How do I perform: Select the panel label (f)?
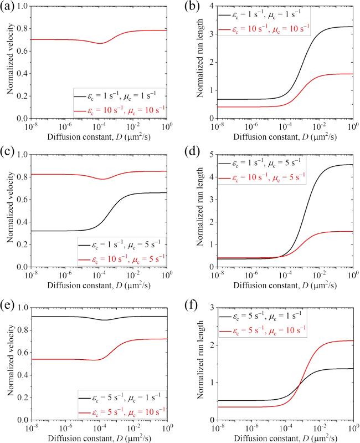(189, 304)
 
